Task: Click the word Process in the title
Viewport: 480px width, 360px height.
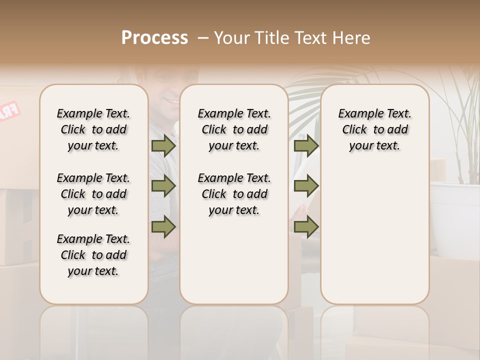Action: (x=154, y=37)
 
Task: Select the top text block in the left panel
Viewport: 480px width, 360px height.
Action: (x=93, y=129)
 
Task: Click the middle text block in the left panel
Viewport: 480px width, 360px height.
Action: (x=93, y=194)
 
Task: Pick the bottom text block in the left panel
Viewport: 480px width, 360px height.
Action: (x=93, y=255)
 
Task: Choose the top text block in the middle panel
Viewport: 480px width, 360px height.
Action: (x=234, y=129)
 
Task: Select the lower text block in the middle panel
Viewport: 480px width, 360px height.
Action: (x=234, y=194)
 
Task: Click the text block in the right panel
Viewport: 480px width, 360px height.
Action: (x=374, y=129)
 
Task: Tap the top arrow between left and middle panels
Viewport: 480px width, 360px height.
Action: (x=163, y=146)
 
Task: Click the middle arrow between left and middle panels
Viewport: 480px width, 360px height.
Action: (x=163, y=186)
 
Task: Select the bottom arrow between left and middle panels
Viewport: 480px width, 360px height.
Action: (x=163, y=226)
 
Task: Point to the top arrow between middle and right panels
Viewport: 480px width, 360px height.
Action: (x=306, y=146)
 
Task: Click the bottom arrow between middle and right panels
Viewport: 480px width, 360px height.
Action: (x=306, y=226)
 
